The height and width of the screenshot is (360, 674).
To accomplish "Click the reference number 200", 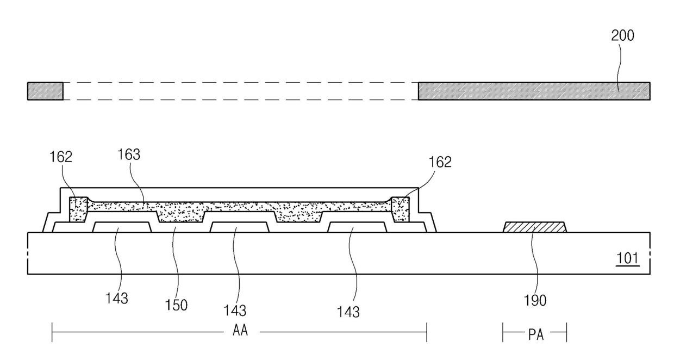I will click(623, 36).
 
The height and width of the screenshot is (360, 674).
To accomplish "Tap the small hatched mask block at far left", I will click(45, 91).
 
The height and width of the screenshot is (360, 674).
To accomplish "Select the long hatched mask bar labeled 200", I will click(533, 91).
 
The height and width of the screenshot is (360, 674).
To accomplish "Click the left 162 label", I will click(61, 157).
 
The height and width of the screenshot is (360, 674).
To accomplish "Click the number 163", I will click(129, 155).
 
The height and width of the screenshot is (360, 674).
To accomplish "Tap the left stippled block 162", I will click(78, 209).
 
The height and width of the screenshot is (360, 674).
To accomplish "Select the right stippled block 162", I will click(400, 209).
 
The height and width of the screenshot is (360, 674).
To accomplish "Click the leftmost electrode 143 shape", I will click(122, 227).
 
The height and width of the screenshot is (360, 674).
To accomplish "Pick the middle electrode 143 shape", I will click(239, 227).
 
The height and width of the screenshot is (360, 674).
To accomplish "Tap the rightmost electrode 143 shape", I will click(357, 227).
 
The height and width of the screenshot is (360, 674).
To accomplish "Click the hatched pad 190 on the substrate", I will click(535, 227).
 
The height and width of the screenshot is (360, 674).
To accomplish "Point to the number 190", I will click(535, 300).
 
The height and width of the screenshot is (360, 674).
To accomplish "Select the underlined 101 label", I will click(628, 258).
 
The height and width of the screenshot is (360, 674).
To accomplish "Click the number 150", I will click(177, 305).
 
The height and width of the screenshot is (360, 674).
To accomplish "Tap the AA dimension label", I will click(240, 332).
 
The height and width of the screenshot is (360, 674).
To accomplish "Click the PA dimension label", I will click(535, 334).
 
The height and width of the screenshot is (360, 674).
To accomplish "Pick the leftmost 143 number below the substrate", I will click(117, 298).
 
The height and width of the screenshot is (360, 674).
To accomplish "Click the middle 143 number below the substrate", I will click(235, 311).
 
